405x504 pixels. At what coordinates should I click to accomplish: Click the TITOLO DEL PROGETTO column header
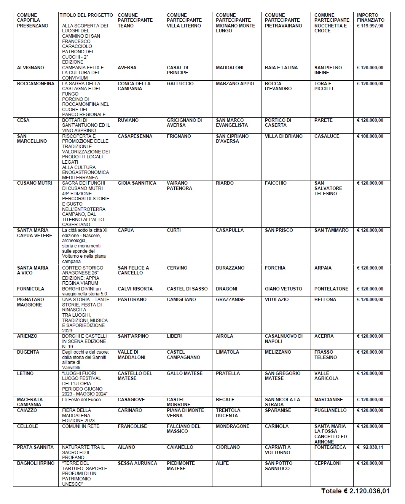pos(86,15)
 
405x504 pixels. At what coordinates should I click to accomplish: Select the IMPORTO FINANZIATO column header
pos(370,18)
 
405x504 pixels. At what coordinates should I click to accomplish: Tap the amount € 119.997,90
pos(370,26)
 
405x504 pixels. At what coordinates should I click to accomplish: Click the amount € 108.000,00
pos(370,136)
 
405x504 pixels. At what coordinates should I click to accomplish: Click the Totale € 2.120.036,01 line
pos(355,491)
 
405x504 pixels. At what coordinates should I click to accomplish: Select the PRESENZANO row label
pos(33,26)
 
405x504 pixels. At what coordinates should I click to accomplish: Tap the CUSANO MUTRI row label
pos(35,183)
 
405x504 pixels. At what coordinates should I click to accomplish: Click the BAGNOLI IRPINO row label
pos(36,463)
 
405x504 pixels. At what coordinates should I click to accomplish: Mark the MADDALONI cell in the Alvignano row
pos(230,68)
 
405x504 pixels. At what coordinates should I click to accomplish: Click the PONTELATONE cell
pos(331,289)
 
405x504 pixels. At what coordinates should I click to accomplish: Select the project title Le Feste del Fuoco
pos(81,400)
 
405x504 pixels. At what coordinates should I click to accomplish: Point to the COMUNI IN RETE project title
pos(81,426)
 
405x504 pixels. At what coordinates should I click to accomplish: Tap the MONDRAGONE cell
pos(233,426)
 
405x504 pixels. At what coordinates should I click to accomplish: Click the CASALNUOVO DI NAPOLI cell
pos(284,338)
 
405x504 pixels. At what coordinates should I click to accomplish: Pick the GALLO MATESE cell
pos(185,373)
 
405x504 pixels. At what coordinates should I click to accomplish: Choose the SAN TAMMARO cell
pos(331,230)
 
